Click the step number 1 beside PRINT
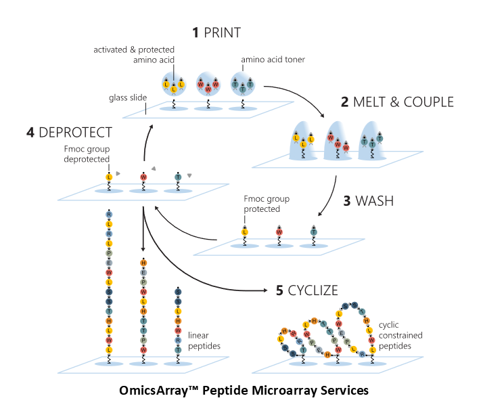pos(195,32)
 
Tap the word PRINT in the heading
pos(223,32)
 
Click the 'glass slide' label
pos(128,97)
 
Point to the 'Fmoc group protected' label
pos(267,204)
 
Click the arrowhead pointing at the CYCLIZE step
pos(265,290)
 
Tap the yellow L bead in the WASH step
pos(244,232)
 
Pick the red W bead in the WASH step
pos(279,232)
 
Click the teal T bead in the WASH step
pos(313,232)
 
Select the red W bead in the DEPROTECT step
pos(143,177)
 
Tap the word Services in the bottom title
pos(342,391)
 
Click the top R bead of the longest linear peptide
pos(109,214)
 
